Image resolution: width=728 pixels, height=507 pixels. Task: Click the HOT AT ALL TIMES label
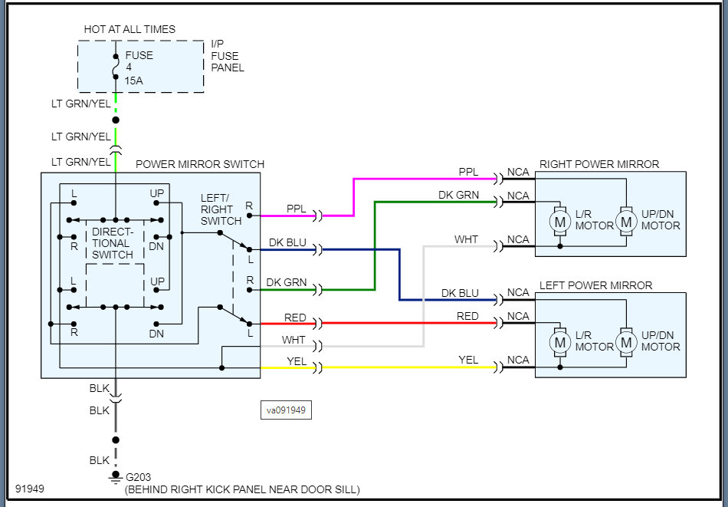coord(130,29)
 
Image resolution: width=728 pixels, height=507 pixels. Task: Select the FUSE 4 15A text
coord(139,67)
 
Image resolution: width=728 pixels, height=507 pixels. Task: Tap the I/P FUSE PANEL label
coord(227,56)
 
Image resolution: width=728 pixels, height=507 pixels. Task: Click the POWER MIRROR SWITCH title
coord(199,164)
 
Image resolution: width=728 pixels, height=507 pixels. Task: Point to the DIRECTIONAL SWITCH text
coord(113,242)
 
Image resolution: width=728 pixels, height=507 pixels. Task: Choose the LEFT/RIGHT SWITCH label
coord(221,209)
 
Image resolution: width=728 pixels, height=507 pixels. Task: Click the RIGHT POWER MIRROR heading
coord(599,164)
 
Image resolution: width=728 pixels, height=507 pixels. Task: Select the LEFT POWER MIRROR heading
coord(595,285)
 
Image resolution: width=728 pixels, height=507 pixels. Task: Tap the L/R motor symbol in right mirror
coord(560,221)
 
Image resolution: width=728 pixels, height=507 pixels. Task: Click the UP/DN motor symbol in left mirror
coord(626,342)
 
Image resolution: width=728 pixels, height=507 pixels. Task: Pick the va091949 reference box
coord(286,410)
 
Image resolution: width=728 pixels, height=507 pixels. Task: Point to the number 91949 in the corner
coord(29,489)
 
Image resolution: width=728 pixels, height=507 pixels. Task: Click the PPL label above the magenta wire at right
coord(468,172)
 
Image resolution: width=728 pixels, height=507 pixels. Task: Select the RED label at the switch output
coord(295,317)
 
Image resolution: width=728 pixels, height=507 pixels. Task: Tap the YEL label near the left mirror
coord(468,360)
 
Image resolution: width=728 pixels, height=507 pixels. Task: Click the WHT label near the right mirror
coord(466,239)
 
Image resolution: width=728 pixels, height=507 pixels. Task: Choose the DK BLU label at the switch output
coord(287,243)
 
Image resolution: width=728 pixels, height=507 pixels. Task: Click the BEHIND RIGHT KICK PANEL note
coord(241,489)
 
